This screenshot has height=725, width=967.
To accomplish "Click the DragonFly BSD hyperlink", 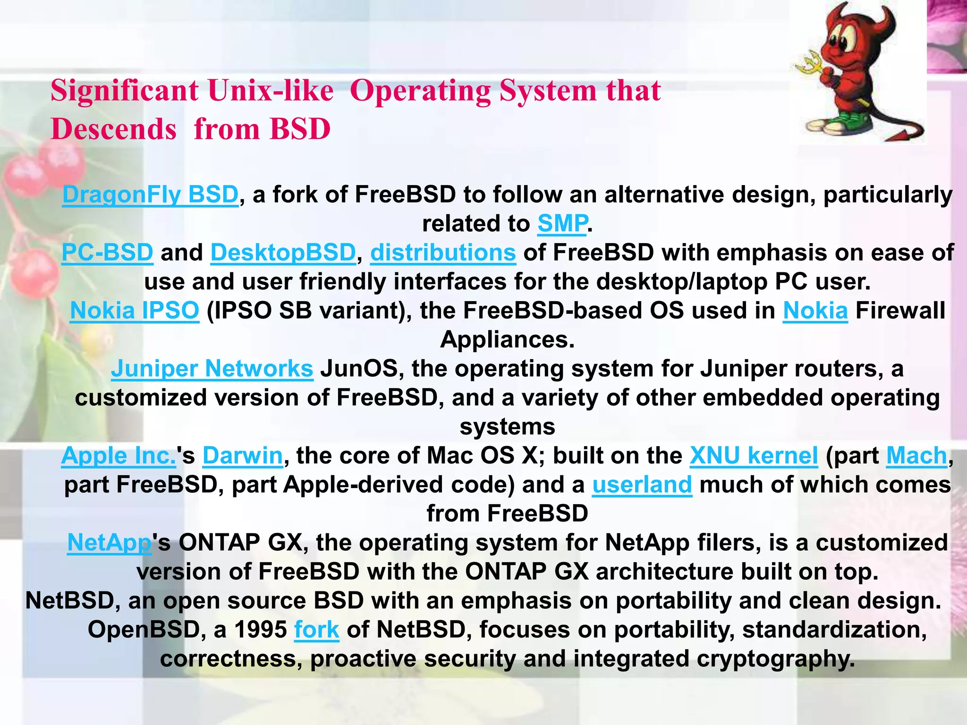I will (150, 194).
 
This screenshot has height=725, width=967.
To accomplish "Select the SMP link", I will (562, 223).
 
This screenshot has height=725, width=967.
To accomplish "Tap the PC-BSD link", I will (107, 253).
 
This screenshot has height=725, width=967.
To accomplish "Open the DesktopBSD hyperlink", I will (283, 253).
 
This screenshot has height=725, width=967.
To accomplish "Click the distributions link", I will (443, 253).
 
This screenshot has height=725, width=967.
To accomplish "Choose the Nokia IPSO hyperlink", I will (135, 311).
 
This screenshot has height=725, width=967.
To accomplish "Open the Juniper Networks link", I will (212, 369).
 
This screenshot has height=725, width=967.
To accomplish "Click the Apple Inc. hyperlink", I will (119, 456).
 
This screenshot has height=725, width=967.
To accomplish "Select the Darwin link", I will (243, 456).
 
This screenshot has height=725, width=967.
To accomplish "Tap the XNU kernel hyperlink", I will (754, 456).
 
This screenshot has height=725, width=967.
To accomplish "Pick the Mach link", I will (916, 456).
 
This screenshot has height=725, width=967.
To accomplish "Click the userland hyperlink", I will (642, 485).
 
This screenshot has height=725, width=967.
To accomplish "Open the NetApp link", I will (109, 543).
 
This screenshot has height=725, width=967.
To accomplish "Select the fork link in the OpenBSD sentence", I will (316, 630).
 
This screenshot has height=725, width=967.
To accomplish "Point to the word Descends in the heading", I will (113, 129).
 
